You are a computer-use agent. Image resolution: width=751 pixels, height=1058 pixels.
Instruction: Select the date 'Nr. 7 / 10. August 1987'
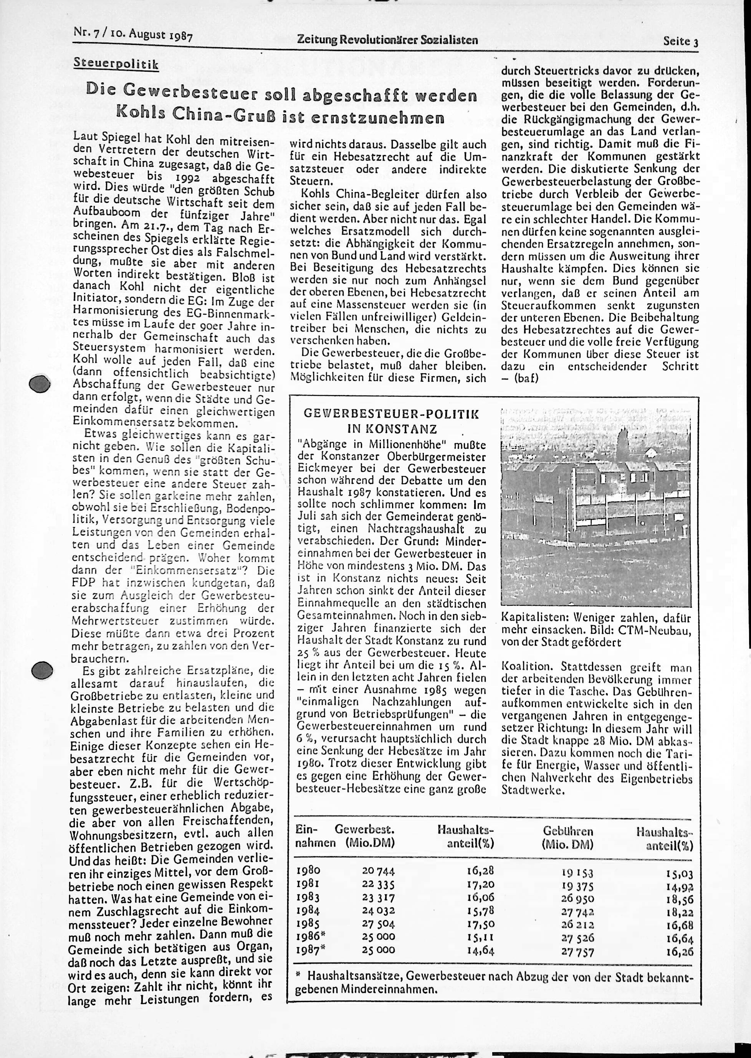(x=133, y=35)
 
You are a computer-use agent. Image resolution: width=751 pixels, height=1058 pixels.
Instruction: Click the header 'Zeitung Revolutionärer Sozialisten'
(x=387, y=41)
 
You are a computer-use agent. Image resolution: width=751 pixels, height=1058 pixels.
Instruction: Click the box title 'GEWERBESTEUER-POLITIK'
(x=392, y=414)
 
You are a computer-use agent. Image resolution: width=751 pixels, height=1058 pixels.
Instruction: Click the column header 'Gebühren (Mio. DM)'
(x=568, y=837)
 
